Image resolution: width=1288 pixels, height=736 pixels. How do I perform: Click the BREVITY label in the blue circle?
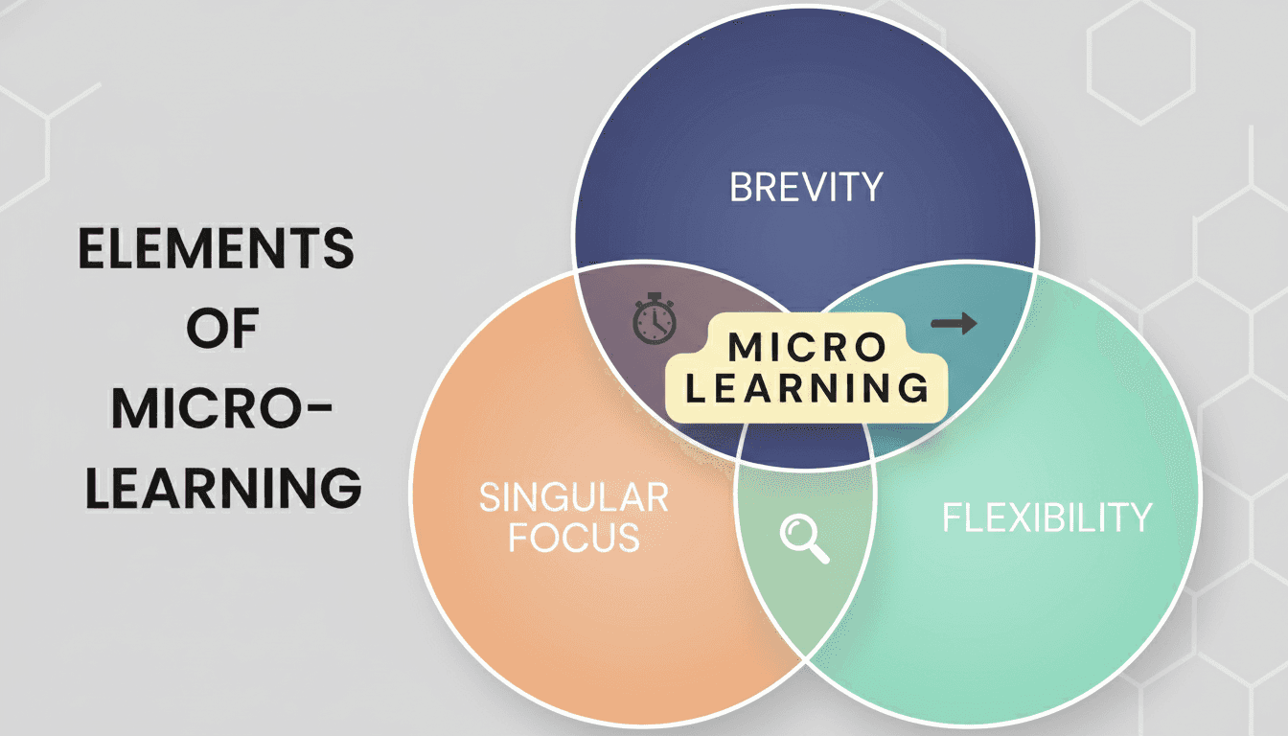tap(805, 187)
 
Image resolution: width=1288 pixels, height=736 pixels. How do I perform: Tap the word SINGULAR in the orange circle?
tap(573, 498)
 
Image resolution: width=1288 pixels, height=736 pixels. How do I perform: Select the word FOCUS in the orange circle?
tap(573, 538)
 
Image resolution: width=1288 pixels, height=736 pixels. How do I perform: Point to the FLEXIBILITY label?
tap(1046, 518)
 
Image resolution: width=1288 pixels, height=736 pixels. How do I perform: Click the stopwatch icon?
tap(655, 322)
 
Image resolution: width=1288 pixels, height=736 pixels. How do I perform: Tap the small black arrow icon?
tap(954, 324)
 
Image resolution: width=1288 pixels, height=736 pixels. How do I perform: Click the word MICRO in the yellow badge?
tap(804, 348)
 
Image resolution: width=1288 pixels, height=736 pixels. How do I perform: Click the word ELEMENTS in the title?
tap(216, 251)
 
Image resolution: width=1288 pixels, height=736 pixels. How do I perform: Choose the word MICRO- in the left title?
tap(222, 410)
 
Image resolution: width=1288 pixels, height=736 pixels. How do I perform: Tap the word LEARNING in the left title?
tap(222, 489)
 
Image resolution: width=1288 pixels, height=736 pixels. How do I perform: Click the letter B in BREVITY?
tap(741, 187)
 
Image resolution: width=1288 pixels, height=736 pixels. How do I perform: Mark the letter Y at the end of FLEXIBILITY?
tap(1139, 518)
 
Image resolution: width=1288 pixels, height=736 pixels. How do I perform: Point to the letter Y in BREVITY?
tap(870, 187)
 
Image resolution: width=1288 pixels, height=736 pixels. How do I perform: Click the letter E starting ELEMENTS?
tap(91, 251)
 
